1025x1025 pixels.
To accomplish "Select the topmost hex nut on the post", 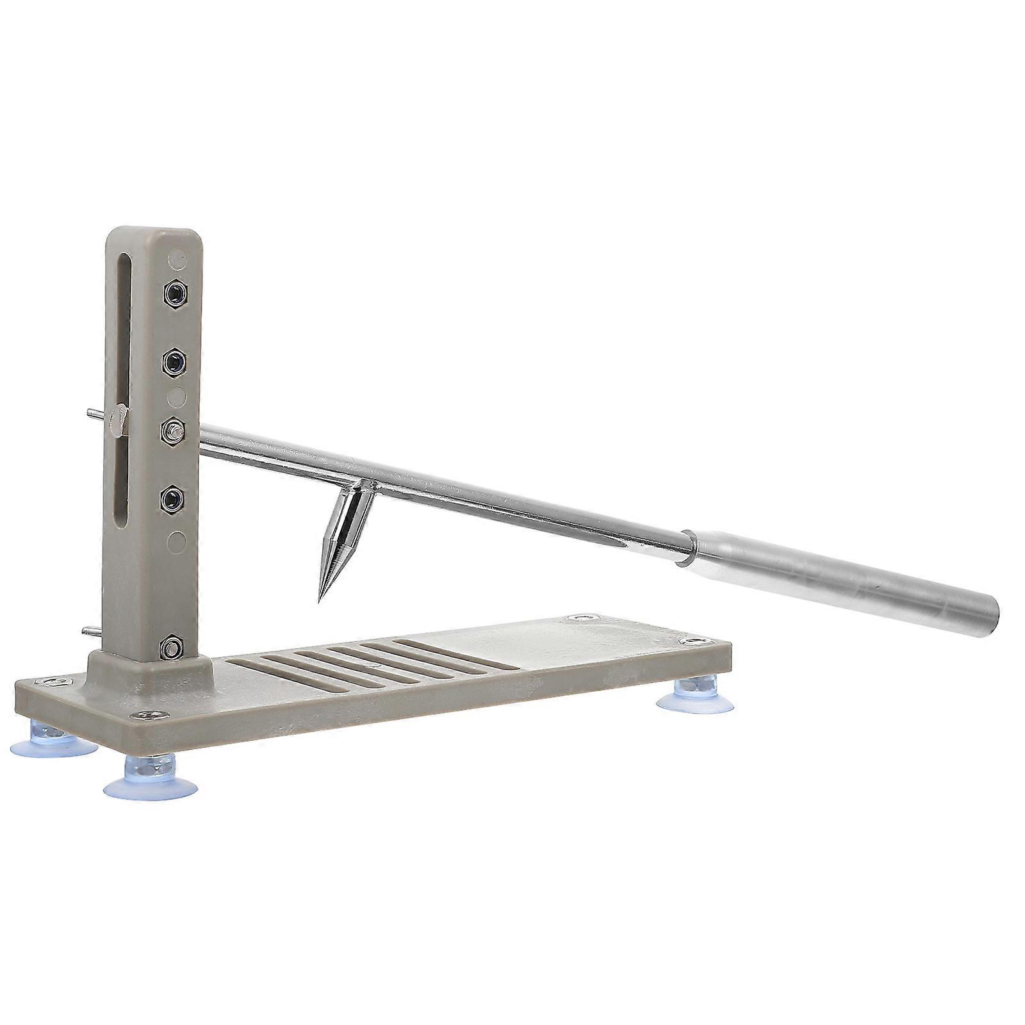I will pos(174,294).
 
